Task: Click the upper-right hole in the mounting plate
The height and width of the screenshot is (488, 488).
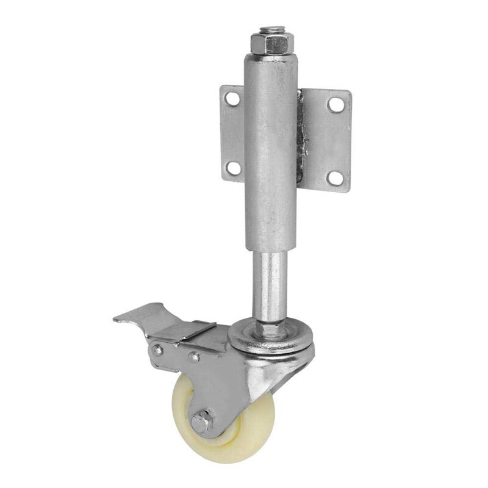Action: coord(334,104)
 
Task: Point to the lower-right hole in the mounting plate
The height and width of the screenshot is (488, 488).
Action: coord(334,176)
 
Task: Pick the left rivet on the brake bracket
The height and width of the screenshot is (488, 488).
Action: coord(157,350)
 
